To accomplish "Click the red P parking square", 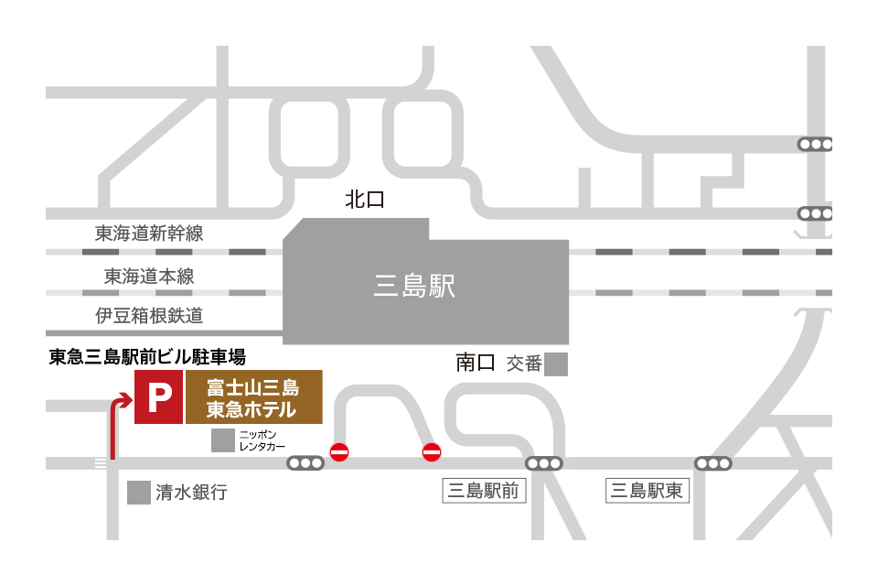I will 158,397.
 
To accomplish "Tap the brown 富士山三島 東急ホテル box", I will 253,397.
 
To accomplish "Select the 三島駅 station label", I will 414,287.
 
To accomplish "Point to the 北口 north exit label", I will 364,201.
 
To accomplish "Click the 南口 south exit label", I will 476,363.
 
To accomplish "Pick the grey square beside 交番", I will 556,364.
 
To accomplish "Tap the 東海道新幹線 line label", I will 149,233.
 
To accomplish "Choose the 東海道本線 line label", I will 149,276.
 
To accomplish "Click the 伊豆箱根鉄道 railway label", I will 149,316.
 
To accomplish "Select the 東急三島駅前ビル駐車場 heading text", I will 147,357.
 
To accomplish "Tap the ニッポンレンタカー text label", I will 262,439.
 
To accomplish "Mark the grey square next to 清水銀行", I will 139,493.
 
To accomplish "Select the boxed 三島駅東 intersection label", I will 647,491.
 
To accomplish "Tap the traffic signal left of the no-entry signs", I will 305,463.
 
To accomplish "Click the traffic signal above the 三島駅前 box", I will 543,463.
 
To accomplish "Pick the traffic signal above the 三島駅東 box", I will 713,463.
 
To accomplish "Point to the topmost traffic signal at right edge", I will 815,144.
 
